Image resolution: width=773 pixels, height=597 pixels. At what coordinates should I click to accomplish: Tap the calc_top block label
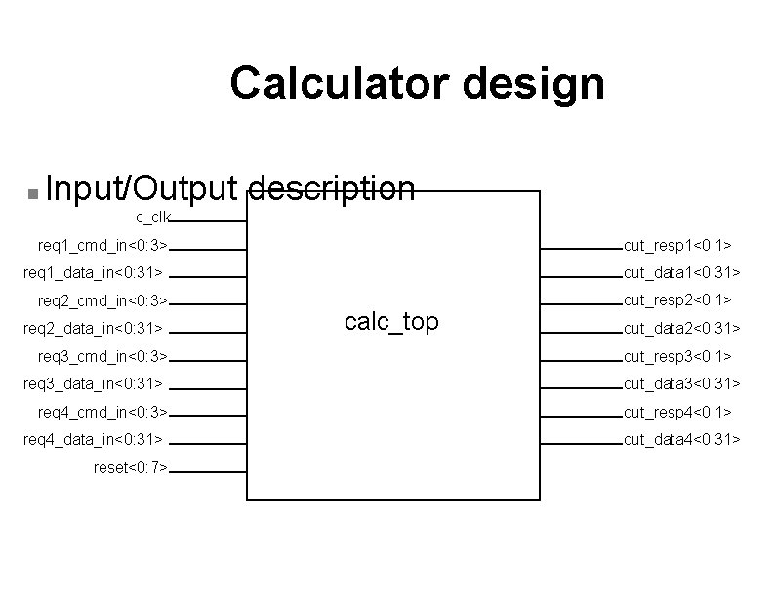pyautogui.click(x=392, y=322)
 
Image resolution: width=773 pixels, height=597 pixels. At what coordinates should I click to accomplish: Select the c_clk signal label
pyautogui.click(x=153, y=216)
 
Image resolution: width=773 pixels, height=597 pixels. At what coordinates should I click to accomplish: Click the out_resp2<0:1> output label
pyautogui.click(x=678, y=299)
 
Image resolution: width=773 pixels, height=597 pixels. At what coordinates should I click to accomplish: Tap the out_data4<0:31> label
pyautogui.click(x=682, y=440)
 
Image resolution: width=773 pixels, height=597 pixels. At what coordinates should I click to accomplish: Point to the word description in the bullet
pyautogui.click(x=333, y=188)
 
